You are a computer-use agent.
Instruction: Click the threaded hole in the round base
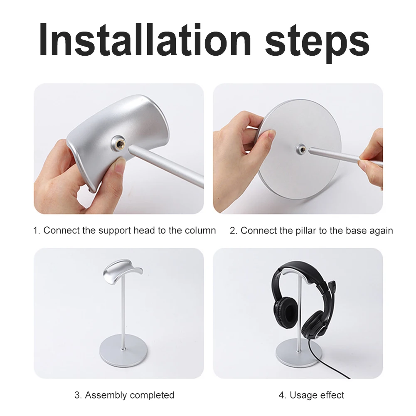(300, 148)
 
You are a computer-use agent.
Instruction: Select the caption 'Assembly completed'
(130, 395)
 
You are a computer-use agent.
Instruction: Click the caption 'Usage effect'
(317, 395)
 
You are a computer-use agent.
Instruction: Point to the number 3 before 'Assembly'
(77, 395)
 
